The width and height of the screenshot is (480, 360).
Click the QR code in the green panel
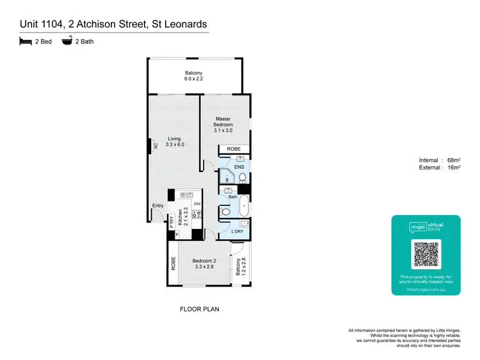coord(426,254)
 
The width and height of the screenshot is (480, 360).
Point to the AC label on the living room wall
coord(155,146)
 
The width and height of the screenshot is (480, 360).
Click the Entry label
coord(157,206)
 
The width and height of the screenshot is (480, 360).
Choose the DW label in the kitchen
coord(198,204)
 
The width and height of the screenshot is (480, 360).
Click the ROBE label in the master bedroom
coord(235,149)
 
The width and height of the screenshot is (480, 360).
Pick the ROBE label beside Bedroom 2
coord(173,263)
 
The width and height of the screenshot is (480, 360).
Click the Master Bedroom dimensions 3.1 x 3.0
coord(223,130)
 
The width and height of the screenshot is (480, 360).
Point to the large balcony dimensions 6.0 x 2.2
coord(194,79)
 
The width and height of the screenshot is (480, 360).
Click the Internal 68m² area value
coord(453,160)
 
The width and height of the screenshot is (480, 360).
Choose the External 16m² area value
coord(453,168)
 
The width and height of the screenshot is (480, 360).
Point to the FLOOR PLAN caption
coord(201,309)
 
